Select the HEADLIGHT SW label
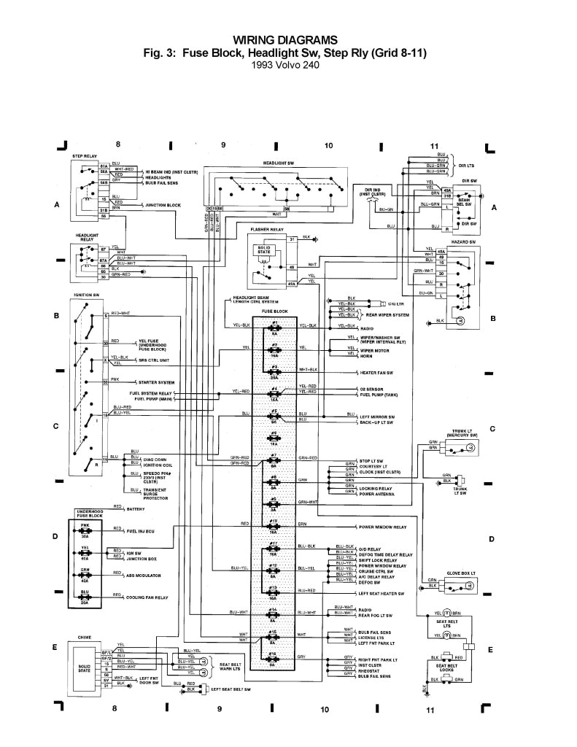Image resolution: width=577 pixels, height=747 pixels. coord(279,162)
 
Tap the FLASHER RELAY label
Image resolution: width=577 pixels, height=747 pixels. coord(266,229)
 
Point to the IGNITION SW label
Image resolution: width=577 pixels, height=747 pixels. coord(86,295)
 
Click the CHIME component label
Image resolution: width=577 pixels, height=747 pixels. coord(86,637)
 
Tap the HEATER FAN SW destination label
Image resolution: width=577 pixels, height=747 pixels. coord(376,372)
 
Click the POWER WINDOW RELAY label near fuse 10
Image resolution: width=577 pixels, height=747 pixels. coord(382,526)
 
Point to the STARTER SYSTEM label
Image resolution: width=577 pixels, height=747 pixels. coord(157,383)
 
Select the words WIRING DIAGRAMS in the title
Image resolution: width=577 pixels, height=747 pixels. coord(286,39)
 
